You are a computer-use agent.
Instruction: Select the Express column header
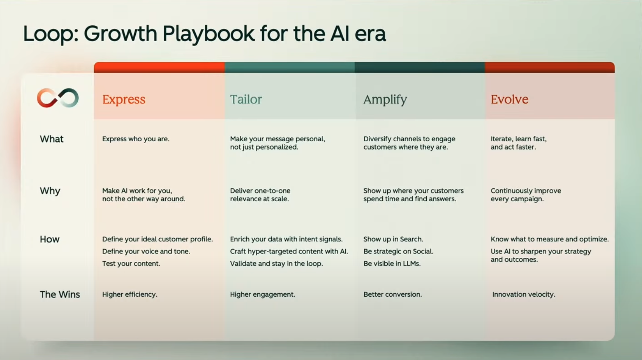coord(124,99)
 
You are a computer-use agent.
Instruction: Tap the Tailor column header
coord(246,99)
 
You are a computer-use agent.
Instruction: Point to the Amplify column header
coord(385,100)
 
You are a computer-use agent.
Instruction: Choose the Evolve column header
coord(509,99)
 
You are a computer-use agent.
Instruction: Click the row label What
coord(52,139)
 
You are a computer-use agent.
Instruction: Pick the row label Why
coord(50,191)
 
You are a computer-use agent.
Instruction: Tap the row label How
coord(50,239)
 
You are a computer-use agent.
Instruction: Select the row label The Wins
coord(60,294)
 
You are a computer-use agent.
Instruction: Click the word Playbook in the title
coord(208,34)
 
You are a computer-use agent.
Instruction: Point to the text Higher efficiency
coord(130,294)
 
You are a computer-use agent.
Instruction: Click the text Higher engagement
coord(263,294)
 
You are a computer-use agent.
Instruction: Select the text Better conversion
coord(393,294)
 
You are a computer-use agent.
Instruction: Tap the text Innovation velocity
coord(524,294)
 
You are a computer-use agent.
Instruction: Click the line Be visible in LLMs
coord(392,263)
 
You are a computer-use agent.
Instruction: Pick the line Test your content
coord(131,263)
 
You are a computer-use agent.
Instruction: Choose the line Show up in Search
coord(393,239)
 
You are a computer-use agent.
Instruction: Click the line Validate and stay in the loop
coord(276,263)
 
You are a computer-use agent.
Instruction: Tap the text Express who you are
coord(136,139)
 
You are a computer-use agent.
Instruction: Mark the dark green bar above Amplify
coord(420,67)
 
